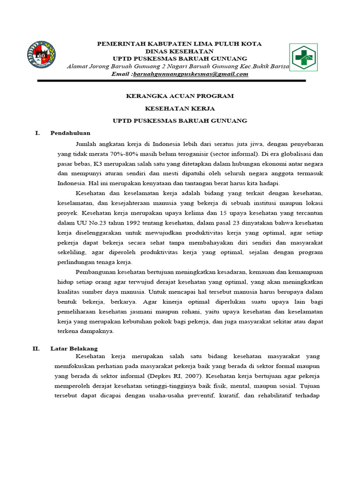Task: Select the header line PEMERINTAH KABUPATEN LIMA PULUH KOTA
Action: point(179,44)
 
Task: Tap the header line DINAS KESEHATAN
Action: point(179,51)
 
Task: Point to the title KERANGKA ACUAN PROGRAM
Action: point(180,96)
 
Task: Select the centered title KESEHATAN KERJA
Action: point(180,108)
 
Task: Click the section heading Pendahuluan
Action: point(70,133)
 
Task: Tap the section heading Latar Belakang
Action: point(74,348)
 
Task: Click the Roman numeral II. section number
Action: point(36,348)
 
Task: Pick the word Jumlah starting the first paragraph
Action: point(86,143)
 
